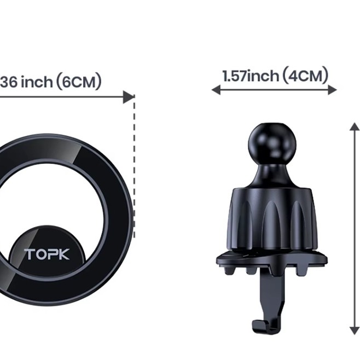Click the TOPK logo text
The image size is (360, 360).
47,254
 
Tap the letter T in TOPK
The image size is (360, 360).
28,254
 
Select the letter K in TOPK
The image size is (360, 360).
65,254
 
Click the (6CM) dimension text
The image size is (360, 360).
79,82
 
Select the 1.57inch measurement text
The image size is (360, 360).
251,76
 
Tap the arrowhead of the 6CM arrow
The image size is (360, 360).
129,97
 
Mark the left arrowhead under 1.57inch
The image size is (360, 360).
216,90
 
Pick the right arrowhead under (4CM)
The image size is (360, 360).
333,90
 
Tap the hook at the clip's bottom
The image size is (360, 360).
262,326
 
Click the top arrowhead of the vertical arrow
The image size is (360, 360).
355,127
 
